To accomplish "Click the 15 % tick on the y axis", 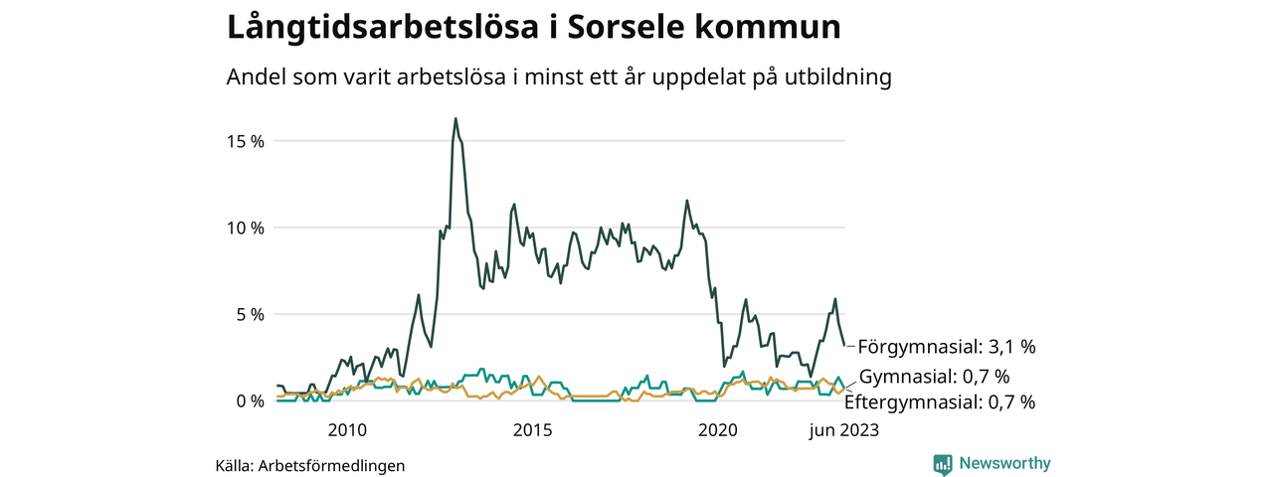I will point(244,141).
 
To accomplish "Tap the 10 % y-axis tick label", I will point(244,228).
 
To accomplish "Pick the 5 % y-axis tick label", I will point(248,314).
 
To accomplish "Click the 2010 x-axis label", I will point(346,430).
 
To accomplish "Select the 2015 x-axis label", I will point(532,430).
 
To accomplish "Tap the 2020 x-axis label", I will point(718,430).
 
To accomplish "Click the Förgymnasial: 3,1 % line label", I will point(947,347).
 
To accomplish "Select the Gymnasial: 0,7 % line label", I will point(934,377).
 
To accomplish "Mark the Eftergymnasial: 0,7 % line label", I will point(940,402).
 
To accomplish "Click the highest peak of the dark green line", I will point(455,118).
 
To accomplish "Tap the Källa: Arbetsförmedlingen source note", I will point(310,465).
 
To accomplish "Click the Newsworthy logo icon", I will point(943,464).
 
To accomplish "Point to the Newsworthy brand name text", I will point(1004,464).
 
